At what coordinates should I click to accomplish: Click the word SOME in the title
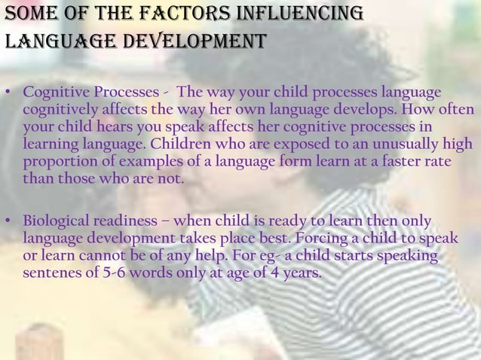pos(29,14)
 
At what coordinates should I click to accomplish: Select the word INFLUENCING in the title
pos(302,14)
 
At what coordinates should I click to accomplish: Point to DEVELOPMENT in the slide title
pos(190,40)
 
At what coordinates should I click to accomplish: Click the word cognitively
pos(57,110)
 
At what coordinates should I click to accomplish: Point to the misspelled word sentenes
pos(52,273)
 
